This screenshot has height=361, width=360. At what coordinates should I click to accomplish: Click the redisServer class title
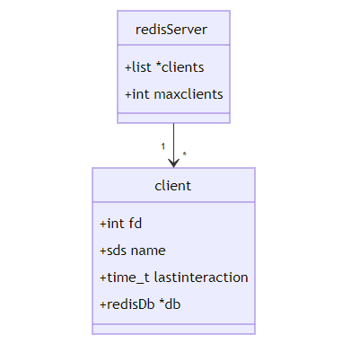(x=171, y=30)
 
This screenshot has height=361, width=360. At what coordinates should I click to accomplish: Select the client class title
(x=173, y=186)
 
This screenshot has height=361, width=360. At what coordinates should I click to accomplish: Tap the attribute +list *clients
(x=164, y=67)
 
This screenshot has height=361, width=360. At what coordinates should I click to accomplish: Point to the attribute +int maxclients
(x=174, y=94)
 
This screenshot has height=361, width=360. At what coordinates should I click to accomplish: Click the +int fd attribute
(x=120, y=224)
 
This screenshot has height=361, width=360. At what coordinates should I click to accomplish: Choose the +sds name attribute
(x=133, y=251)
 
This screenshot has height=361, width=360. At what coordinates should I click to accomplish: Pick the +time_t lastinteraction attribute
(x=174, y=277)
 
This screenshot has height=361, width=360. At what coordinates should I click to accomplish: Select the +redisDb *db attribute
(x=140, y=304)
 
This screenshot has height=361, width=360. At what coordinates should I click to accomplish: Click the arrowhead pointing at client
(x=173, y=163)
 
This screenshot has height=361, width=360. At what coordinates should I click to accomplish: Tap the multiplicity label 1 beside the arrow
(x=162, y=146)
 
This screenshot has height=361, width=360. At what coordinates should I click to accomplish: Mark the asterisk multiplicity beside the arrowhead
(x=185, y=154)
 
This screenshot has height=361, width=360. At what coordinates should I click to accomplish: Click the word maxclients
(x=189, y=94)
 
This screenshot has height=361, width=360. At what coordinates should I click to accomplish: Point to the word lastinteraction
(x=201, y=277)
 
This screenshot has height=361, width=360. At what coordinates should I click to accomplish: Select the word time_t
(x=128, y=277)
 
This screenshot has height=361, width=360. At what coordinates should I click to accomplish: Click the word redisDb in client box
(x=131, y=304)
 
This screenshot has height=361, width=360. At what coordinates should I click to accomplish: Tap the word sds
(x=117, y=251)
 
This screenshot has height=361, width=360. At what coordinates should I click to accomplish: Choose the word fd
(x=136, y=224)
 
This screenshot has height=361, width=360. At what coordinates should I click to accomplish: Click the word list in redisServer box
(x=141, y=67)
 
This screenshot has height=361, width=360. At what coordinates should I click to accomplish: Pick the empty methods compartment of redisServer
(x=173, y=118)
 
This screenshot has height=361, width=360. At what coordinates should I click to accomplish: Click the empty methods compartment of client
(x=173, y=329)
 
